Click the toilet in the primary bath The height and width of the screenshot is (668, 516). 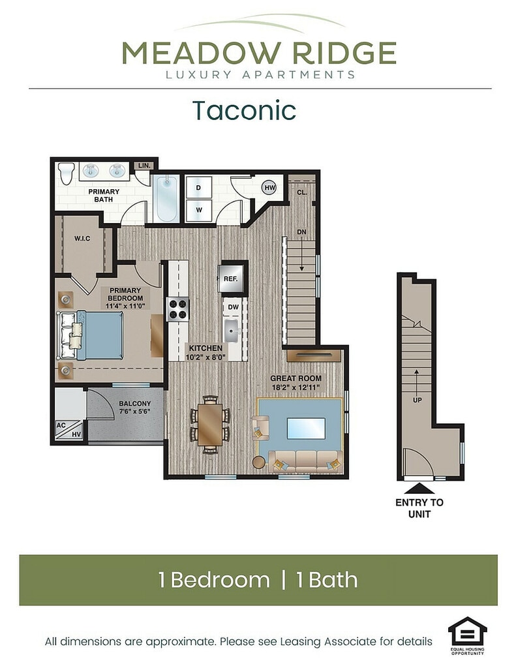click(x=66, y=173)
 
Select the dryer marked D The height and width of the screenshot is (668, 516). click(x=198, y=187)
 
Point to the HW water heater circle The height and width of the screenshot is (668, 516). click(x=269, y=187)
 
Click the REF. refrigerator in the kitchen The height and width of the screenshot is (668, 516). click(x=230, y=279)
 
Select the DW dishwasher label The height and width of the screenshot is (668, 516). click(x=233, y=307)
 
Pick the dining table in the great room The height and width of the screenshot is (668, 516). click(x=209, y=424)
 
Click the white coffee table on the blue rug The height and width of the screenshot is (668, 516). click(x=307, y=428)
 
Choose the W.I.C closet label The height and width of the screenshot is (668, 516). click(x=82, y=239)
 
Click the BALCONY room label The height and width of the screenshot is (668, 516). click(x=134, y=403)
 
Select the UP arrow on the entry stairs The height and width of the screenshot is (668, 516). click(x=417, y=380)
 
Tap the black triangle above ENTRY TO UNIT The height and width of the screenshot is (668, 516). click(x=419, y=488)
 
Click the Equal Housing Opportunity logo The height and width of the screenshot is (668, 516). click(x=468, y=635)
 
